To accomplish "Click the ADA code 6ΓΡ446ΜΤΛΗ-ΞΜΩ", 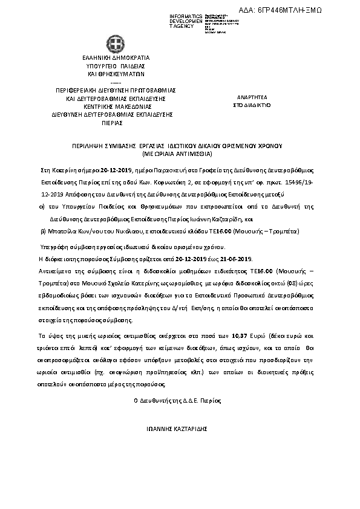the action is point(313,10).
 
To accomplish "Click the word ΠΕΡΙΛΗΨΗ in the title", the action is point(80,146).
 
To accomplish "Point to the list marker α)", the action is point(42,206).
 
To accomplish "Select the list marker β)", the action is point(42,232).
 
